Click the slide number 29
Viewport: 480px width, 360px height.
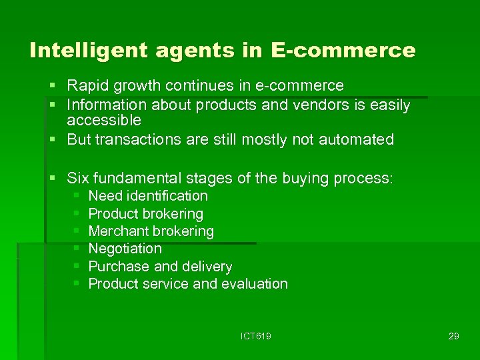coord(453,336)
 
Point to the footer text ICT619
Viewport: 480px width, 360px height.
coord(255,336)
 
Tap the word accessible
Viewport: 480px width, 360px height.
coord(104,121)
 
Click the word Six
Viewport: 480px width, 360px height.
coord(78,178)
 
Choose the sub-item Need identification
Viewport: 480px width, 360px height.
coord(148,196)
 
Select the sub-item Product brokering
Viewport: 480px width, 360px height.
coord(145,214)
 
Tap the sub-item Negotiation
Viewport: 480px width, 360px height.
coord(125,249)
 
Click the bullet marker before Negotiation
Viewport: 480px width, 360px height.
coord(77,249)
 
